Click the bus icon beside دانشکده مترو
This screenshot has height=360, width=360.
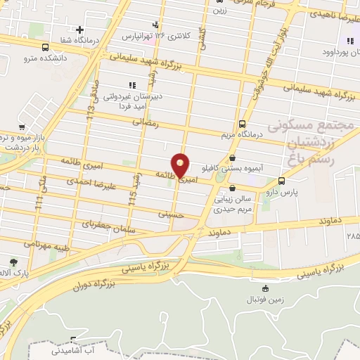coord(46,48)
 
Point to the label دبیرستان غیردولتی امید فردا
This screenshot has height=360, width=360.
coord(132,100)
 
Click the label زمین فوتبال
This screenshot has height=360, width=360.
coord(262,300)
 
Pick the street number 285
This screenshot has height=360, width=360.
coord(352,236)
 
